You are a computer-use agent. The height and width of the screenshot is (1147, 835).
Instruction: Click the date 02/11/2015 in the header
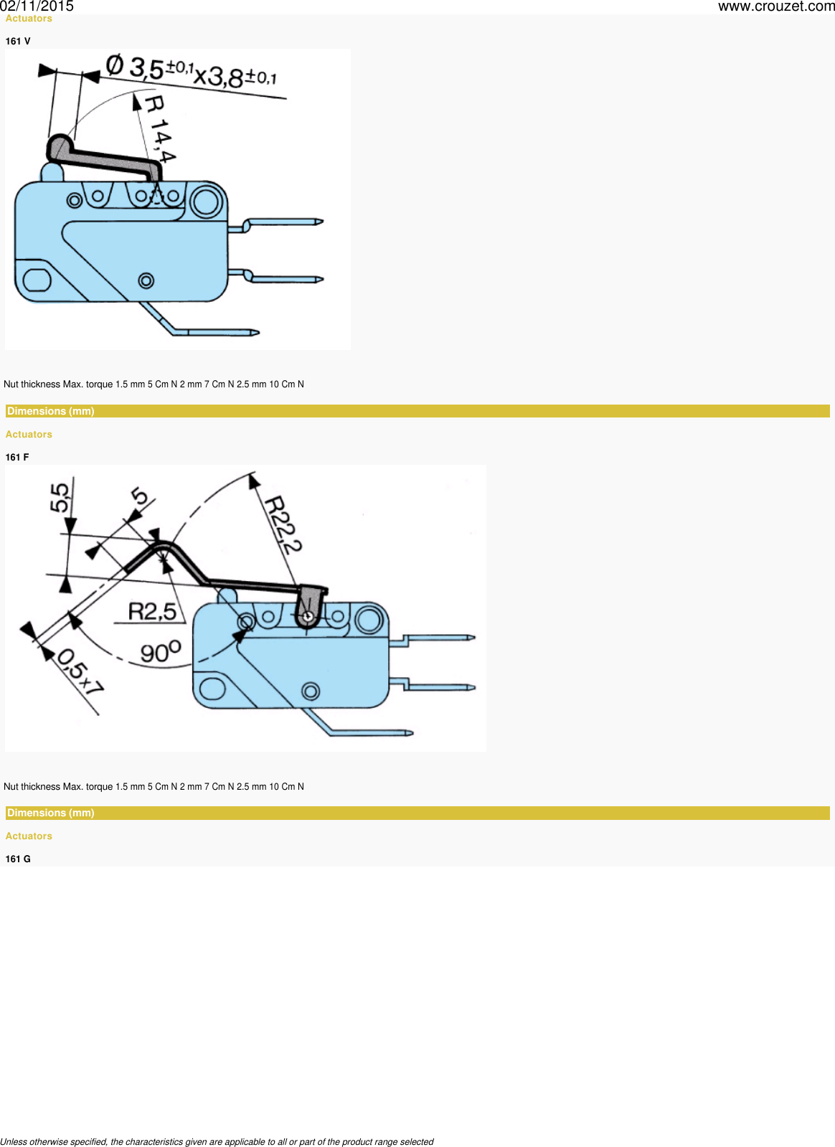pyautogui.click(x=37, y=6)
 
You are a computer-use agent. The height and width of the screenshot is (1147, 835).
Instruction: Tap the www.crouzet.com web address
pyautogui.click(x=775, y=6)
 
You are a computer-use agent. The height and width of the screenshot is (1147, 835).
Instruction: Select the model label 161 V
pyautogui.click(x=18, y=41)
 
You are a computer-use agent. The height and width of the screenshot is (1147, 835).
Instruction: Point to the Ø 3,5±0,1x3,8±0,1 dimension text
pyautogui.click(x=191, y=72)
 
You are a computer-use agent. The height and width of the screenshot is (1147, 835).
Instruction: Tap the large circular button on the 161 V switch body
pyautogui.click(x=206, y=200)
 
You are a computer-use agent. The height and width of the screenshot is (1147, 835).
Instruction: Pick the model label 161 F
pyautogui.click(x=17, y=457)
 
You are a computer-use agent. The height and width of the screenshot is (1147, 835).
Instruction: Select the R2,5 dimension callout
pyautogui.click(x=152, y=611)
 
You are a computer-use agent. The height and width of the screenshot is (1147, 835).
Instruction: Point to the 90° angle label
pyautogui.click(x=161, y=652)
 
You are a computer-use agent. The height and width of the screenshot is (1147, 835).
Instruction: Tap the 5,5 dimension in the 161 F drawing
pyautogui.click(x=61, y=496)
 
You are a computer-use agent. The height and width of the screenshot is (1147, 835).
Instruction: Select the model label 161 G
pyautogui.click(x=18, y=859)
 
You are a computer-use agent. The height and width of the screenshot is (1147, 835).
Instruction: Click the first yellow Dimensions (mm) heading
pyautogui.click(x=51, y=411)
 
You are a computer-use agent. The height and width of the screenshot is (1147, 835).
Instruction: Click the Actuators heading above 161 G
pyautogui.click(x=29, y=836)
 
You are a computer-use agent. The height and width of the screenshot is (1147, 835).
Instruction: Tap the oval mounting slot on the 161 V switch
pyautogui.click(x=37, y=279)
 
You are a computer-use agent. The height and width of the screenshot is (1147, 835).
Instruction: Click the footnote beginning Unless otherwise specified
pyautogui.click(x=217, y=1141)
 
